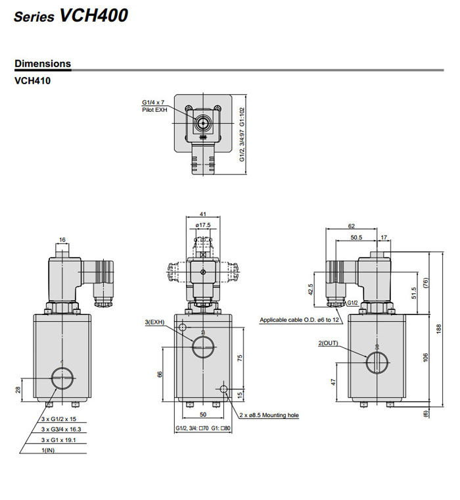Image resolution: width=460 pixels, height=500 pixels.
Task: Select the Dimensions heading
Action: [x=43, y=64]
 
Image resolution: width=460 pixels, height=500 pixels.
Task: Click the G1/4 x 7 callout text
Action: [x=153, y=103]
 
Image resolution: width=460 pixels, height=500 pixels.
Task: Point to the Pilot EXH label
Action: [x=155, y=110]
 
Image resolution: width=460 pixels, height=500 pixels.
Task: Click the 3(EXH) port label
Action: [x=154, y=322]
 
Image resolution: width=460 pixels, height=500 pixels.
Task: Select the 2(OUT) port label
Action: [x=329, y=343]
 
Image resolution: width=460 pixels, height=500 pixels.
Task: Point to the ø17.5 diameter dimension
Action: [x=202, y=225]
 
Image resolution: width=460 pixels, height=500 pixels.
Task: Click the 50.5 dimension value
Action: [x=356, y=237]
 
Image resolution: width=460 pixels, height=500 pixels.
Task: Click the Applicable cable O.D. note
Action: [x=300, y=320]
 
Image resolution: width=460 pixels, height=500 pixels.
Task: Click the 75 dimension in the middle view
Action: [x=241, y=358]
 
